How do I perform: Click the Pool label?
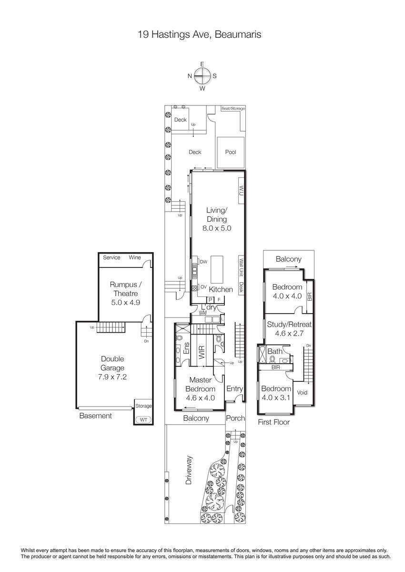click(x=231, y=152)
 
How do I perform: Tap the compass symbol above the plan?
click(x=202, y=76)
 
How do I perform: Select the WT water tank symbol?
click(x=143, y=419)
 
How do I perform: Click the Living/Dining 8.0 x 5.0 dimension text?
click(x=217, y=228)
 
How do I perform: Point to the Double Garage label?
click(x=112, y=363)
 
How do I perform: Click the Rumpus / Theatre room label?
click(x=126, y=289)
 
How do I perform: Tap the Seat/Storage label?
click(x=233, y=108)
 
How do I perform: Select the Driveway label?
click(x=189, y=470)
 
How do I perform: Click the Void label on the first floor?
click(x=302, y=392)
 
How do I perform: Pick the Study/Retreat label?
click(x=289, y=324)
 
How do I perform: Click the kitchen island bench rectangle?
click(x=217, y=270)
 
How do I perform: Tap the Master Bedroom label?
click(x=200, y=384)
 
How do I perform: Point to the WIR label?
click(x=202, y=352)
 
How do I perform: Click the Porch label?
click(x=235, y=418)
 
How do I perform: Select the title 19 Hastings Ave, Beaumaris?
click(x=199, y=34)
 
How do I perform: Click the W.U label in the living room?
click(x=241, y=191)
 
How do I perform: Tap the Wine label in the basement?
click(x=135, y=257)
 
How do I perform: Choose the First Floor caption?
click(x=273, y=422)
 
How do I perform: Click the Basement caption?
click(x=95, y=416)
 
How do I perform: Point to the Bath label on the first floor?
click(x=275, y=351)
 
